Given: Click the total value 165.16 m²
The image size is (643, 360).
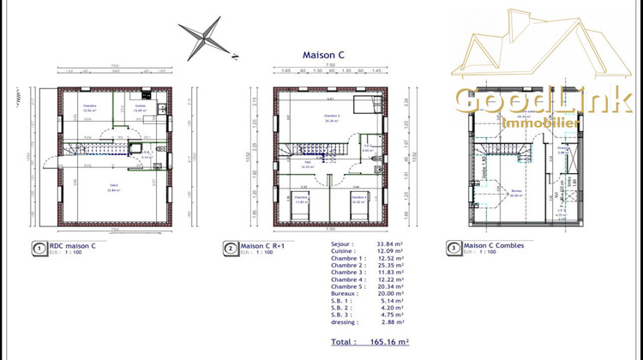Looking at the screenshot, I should [x=387, y=342].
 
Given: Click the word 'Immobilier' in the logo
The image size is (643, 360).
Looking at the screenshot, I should [x=541, y=124].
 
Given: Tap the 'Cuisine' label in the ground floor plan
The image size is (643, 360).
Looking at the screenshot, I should [x=140, y=106].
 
